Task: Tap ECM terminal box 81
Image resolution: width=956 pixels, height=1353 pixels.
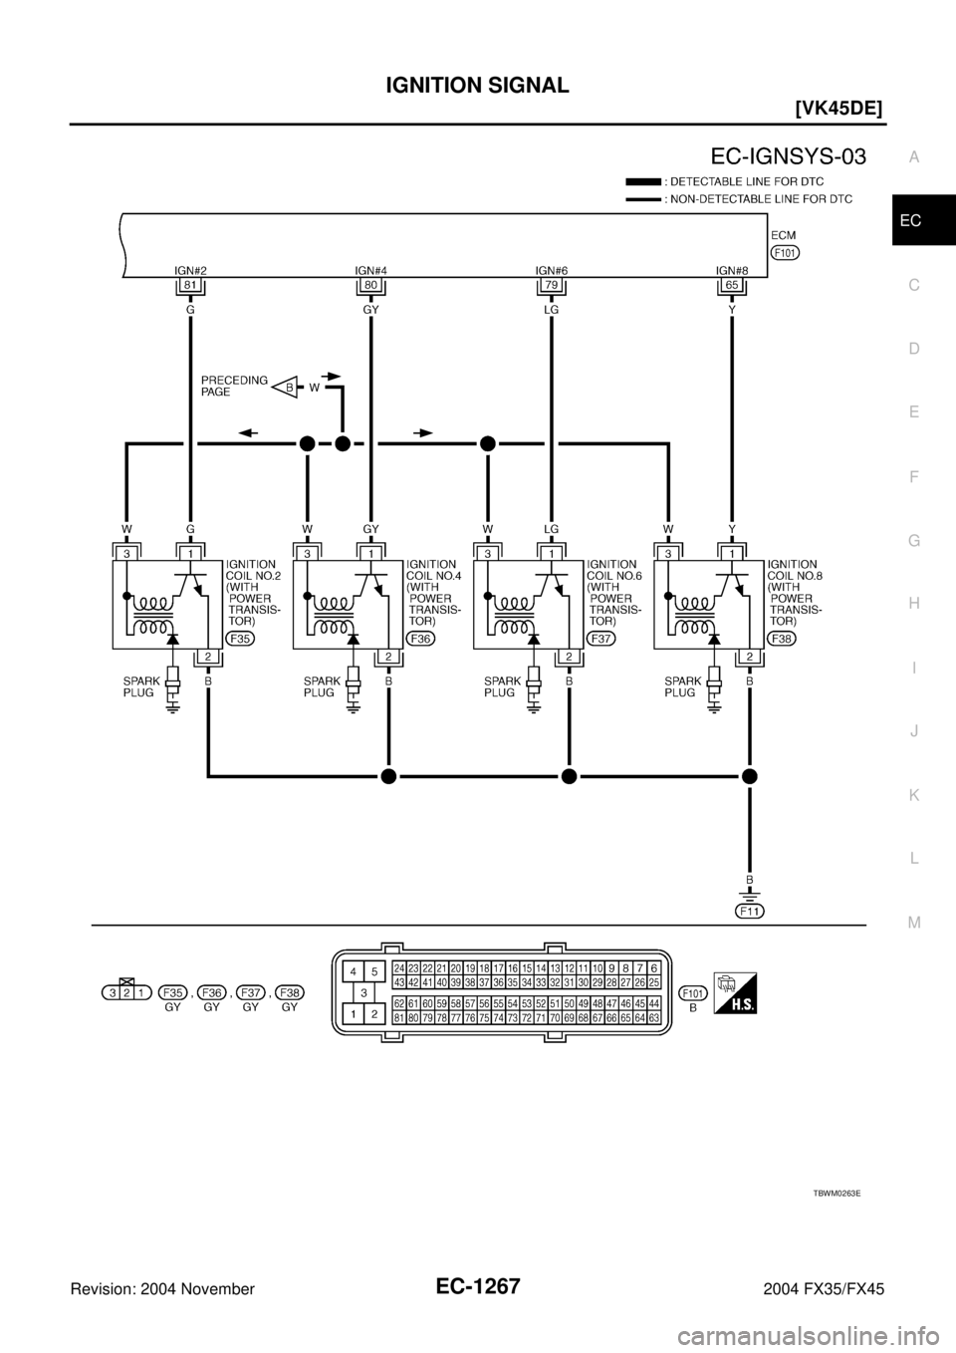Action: tap(189, 285)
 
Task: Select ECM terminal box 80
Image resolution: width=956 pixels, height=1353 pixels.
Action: tap(370, 285)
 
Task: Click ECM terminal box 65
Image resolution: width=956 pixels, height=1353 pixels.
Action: tap(732, 285)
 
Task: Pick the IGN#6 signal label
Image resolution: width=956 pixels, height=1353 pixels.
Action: tap(551, 269)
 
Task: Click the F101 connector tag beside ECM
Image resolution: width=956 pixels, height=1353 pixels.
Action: tap(784, 252)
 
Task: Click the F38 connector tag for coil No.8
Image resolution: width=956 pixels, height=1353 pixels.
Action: tap(782, 639)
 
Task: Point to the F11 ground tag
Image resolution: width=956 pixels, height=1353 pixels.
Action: tap(750, 911)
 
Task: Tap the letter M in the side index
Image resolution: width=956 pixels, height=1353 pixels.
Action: tap(913, 922)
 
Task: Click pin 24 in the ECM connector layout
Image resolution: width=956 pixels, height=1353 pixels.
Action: tap(398, 967)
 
